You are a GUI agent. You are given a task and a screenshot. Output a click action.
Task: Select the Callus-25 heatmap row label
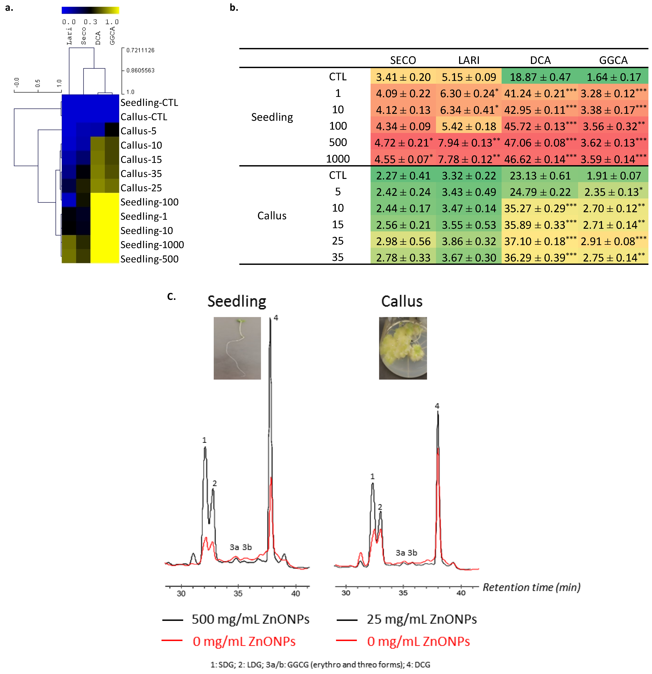(x=141, y=188)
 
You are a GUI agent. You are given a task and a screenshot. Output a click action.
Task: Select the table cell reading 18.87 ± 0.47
(x=540, y=77)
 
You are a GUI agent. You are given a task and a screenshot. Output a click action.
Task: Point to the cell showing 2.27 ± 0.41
(x=403, y=176)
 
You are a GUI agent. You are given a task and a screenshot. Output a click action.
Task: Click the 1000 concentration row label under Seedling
(x=338, y=159)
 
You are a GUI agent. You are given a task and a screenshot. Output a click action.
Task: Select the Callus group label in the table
(x=272, y=216)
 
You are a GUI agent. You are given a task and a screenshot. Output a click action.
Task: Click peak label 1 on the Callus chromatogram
(x=372, y=476)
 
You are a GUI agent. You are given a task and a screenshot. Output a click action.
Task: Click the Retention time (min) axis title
(x=531, y=587)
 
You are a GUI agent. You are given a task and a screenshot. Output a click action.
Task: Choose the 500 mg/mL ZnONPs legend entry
(x=250, y=619)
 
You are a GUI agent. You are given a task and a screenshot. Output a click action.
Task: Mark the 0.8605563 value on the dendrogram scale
(x=140, y=71)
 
